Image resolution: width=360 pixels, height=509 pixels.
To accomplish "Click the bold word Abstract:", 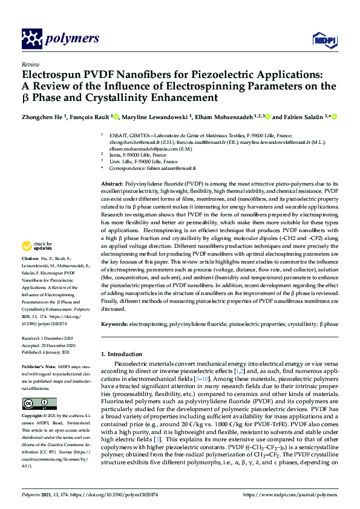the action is coord(112,183).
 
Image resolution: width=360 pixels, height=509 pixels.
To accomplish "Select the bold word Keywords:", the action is coord(114,324).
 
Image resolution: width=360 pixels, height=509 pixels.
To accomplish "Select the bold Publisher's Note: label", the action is coord(38,366).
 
